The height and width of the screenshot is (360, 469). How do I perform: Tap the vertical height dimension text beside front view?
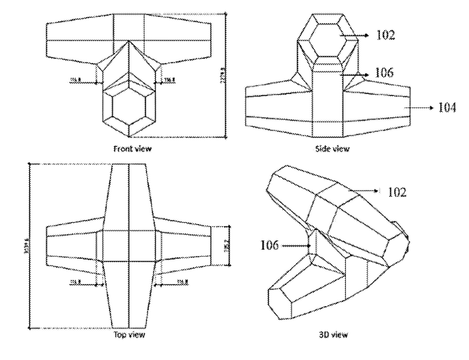tap(224, 75)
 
